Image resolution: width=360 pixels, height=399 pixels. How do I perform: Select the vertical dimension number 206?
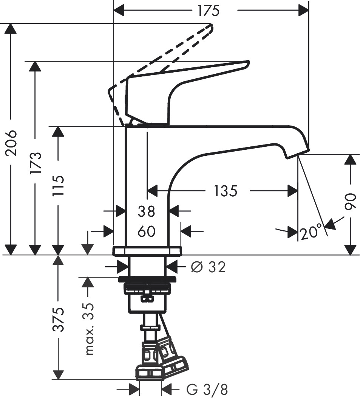click(11, 143)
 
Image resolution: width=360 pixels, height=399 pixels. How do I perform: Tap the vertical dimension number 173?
click(35, 163)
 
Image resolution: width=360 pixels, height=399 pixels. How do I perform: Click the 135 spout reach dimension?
click(226, 191)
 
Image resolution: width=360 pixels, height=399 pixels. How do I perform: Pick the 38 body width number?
click(147, 212)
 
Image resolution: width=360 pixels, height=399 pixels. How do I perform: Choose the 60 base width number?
click(147, 231)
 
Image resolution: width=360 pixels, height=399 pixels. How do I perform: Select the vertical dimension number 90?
click(351, 202)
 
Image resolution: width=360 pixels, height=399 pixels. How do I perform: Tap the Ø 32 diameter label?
click(208, 267)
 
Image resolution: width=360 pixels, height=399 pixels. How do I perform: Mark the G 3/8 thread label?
click(207, 389)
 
